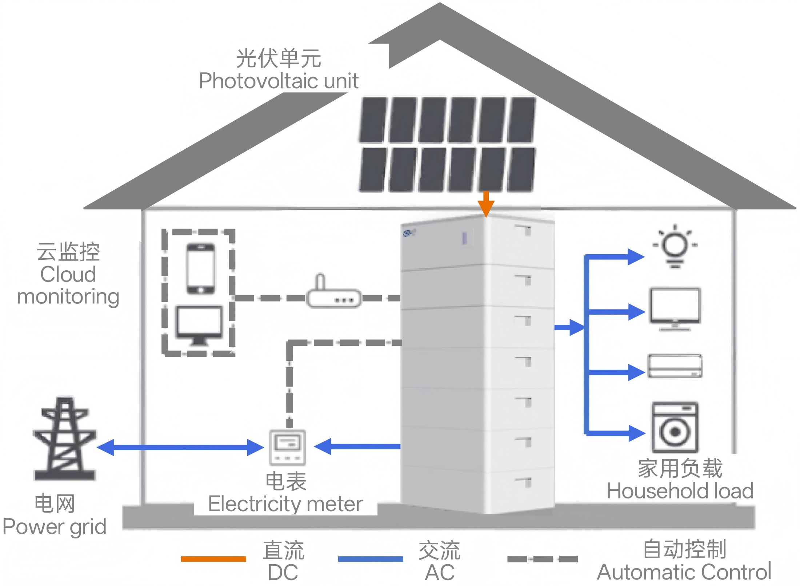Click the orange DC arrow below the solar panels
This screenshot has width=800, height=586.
point(486,204)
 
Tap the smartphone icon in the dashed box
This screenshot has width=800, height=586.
point(200,268)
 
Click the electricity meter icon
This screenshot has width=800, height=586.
point(287,447)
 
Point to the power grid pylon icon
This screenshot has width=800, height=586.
point(65,440)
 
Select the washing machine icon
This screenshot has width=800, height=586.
point(675,427)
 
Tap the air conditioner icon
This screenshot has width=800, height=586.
point(675,366)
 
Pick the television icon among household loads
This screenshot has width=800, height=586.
point(675,309)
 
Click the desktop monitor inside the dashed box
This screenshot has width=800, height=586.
point(199,324)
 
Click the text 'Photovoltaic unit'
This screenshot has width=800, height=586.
point(279,81)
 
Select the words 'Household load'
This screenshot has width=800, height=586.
point(680,491)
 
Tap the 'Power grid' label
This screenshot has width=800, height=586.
point(55,526)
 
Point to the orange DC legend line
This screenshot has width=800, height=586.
point(213,559)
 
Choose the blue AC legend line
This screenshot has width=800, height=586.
point(370,559)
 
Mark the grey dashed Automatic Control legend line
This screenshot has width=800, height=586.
point(542,559)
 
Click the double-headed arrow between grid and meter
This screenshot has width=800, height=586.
point(180,447)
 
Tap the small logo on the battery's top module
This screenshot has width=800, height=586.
point(409,233)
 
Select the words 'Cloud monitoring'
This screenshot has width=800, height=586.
point(68,285)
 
